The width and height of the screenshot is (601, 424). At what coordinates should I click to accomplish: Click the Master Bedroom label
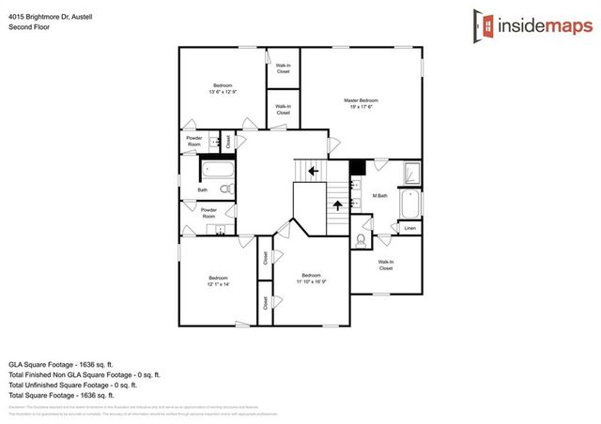361,99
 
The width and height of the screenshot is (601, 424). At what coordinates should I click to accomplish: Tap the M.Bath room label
381,196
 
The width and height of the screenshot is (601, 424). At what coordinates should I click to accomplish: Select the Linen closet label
409,228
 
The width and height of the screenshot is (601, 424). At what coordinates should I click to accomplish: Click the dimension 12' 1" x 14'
218,283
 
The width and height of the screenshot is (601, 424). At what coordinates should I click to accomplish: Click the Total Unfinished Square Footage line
72,385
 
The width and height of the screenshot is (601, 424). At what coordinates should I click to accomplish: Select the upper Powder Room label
193,142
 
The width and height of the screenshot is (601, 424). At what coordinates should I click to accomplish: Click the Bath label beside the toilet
202,190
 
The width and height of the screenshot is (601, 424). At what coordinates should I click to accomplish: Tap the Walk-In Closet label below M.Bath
386,265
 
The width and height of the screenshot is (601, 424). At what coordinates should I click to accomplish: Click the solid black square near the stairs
357,167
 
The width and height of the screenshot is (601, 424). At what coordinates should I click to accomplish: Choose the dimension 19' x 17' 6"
361,106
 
